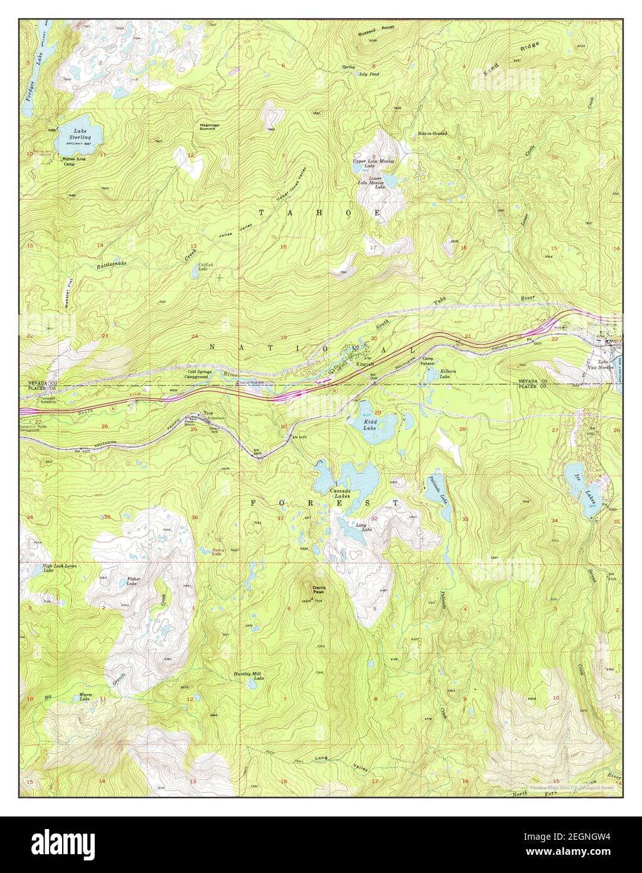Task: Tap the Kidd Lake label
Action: (370, 425)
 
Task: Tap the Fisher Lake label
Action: (132, 581)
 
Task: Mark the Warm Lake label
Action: (85, 696)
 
